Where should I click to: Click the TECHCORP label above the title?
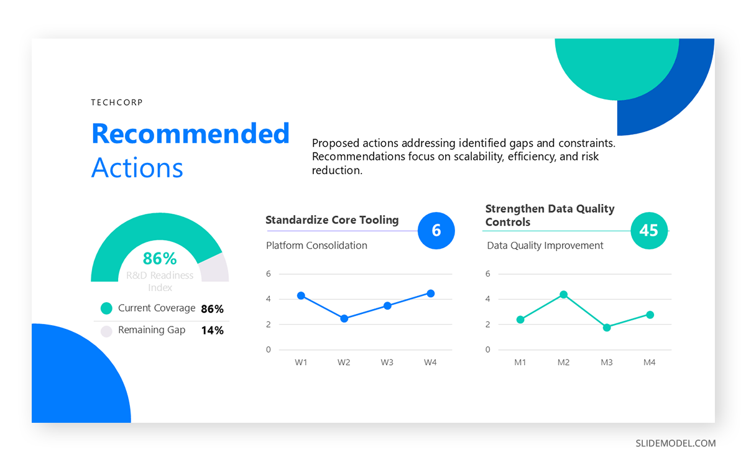coord(117,102)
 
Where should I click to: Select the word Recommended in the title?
coord(190,134)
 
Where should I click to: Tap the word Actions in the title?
coord(137,167)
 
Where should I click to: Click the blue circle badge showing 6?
coord(436,231)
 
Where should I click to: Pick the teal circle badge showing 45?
coord(649,231)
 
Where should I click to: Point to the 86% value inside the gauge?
coord(160,259)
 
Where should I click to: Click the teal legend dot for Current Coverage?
coord(106,308)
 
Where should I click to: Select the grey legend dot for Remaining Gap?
coord(106,331)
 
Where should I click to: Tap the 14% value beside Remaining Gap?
coord(213,330)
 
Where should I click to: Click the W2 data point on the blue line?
coord(344,319)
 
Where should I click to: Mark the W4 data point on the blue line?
coord(431,293)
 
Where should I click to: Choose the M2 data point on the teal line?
coord(563,295)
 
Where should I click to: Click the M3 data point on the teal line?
coord(607,328)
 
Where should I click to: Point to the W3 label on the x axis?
coord(387,363)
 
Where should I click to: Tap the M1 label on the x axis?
coord(520,363)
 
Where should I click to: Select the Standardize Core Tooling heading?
coord(332,220)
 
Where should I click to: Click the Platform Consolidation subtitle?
coord(316,246)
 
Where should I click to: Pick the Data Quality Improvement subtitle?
coord(545,246)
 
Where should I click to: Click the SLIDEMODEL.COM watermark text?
coord(676,443)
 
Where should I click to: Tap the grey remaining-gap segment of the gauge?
coord(214,269)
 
